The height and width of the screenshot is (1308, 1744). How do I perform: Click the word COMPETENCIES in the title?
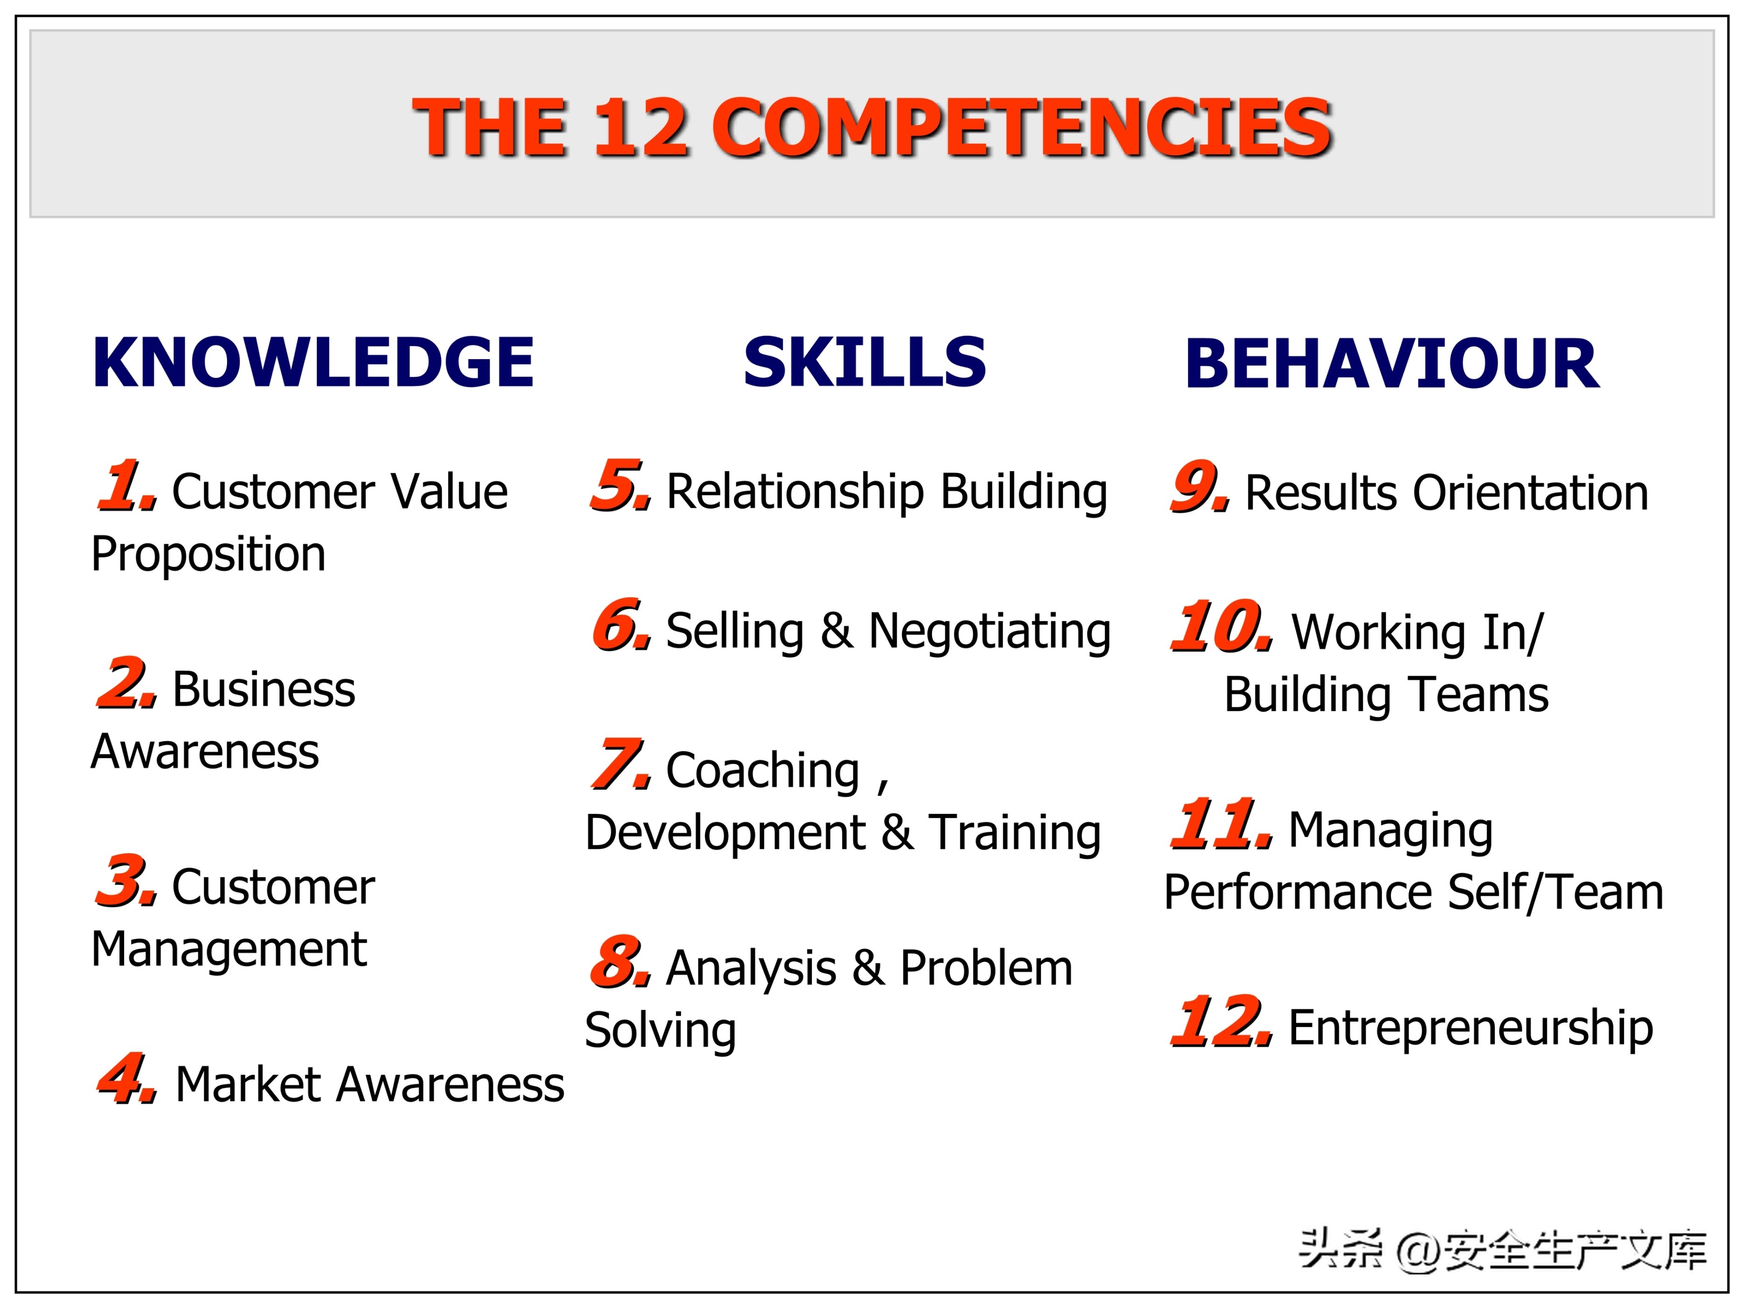tap(1022, 128)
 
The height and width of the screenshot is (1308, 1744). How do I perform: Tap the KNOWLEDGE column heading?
tap(313, 362)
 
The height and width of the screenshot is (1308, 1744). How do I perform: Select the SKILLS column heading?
tap(865, 362)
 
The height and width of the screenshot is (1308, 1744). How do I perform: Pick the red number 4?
tap(126, 1078)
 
